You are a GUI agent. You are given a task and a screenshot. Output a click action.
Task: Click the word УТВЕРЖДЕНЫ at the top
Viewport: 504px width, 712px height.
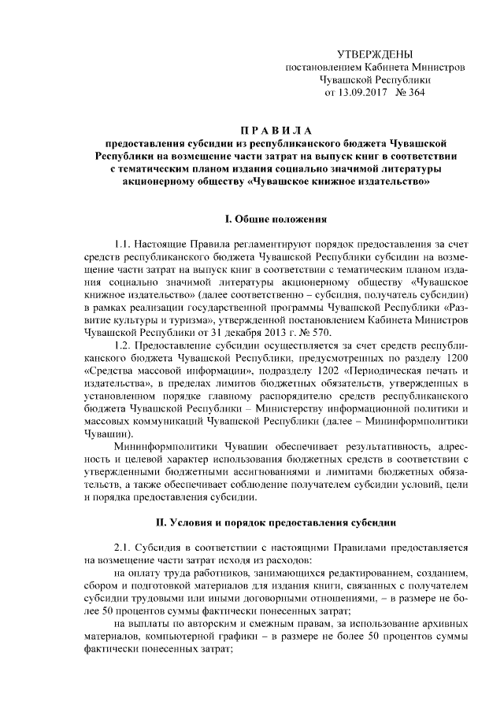374,54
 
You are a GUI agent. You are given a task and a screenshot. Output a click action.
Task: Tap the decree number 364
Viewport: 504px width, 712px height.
416,92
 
